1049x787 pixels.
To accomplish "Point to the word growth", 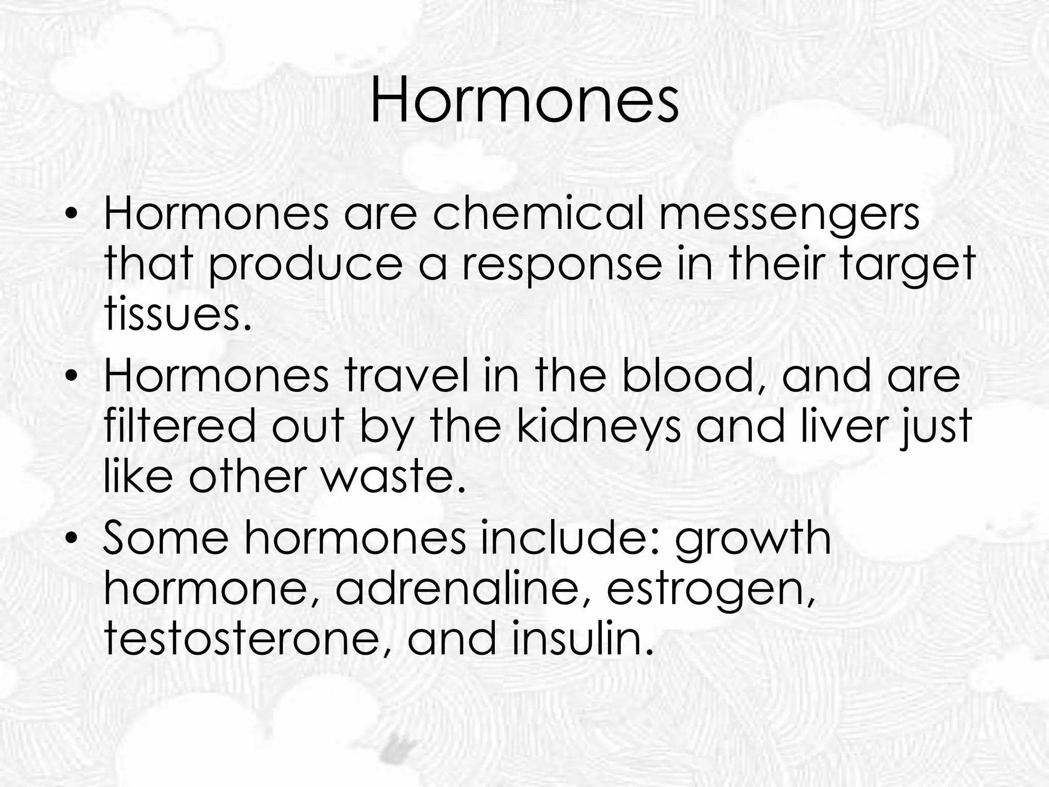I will tap(753, 541).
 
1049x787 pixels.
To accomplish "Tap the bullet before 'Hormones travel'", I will tap(72, 377).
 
